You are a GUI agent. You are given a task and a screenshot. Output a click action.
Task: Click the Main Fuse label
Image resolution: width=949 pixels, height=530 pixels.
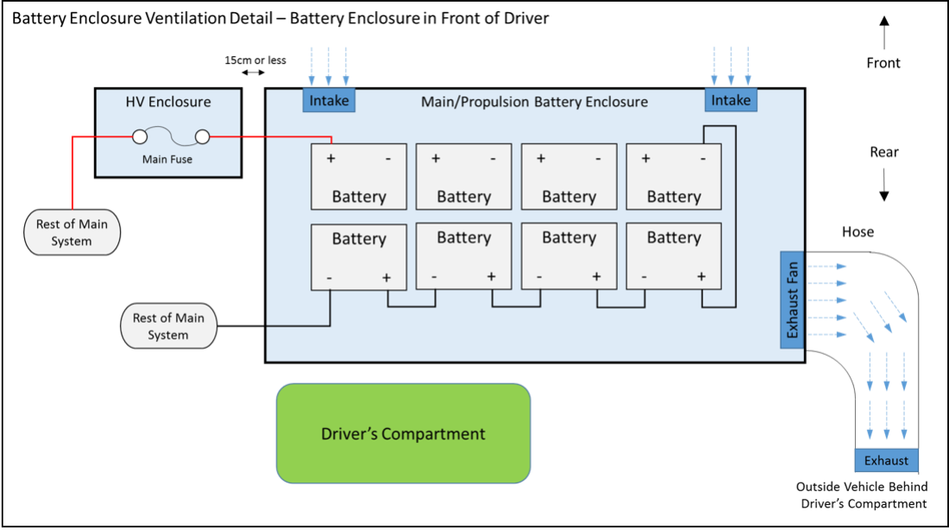(x=167, y=159)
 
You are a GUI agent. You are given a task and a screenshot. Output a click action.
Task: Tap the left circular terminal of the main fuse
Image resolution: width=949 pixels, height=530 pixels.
(x=138, y=136)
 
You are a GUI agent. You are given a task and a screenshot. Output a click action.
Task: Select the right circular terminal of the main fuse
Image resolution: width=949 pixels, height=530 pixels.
(x=203, y=136)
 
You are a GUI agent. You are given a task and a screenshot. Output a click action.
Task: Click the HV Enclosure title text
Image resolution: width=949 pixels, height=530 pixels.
(x=167, y=102)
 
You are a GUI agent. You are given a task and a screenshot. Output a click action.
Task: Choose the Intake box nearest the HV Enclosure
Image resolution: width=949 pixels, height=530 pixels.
(x=329, y=100)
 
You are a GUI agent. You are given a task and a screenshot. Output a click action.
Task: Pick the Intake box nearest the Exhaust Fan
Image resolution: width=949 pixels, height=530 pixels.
(x=731, y=100)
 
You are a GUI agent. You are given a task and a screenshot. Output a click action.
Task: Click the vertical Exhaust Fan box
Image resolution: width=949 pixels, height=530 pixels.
(x=792, y=300)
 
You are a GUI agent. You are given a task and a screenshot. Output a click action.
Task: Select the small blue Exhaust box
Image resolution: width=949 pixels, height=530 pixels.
(x=886, y=460)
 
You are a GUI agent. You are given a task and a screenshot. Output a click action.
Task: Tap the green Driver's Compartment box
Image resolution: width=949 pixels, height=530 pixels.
(x=403, y=433)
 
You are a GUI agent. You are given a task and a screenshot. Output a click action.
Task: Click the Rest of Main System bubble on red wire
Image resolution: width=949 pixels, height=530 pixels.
(x=72, y=232)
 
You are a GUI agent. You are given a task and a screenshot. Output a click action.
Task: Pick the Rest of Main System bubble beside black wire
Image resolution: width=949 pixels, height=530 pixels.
(x=168, y=325)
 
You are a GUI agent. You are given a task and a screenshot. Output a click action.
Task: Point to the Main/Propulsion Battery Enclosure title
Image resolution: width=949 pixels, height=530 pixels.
(x=534, y=102)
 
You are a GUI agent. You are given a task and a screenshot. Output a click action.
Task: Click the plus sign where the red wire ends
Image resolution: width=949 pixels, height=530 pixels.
(x=330, y=159)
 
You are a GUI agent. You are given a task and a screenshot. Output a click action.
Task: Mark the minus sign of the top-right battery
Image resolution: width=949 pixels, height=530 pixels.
(x=703, y=159)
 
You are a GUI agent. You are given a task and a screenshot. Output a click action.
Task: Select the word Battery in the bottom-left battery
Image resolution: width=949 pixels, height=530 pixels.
(x=359, y=238)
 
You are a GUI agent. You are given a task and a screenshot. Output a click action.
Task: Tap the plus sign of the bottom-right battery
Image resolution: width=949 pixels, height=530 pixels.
(x=701, y=276)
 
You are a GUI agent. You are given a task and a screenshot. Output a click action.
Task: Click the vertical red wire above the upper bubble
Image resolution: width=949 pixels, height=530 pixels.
(x=72, y=173)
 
